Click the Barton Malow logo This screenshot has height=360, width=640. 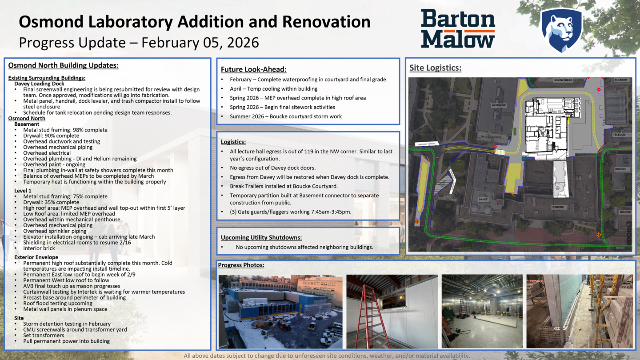(458, 29)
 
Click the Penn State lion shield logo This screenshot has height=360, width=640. (561, 30)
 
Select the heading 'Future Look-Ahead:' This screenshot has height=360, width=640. (253, 69)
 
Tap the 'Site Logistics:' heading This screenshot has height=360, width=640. (435, 68)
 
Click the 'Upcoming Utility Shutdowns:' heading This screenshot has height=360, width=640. (261, 238)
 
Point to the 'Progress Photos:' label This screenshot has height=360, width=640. (241, 265)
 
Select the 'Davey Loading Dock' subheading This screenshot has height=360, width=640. (39, 84)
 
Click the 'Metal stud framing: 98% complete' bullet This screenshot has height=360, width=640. (65, 130)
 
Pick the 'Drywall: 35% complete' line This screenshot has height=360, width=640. (51, 202)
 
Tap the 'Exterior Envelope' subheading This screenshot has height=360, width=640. (36, 257)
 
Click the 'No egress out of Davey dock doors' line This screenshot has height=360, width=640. (273, 168)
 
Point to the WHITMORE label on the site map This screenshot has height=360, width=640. (499, 105)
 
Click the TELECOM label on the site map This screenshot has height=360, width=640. (619, 135)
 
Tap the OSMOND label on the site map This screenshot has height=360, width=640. (558, 207)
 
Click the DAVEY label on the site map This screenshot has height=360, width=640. (483, 200)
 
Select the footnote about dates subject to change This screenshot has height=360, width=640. (327, 356)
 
